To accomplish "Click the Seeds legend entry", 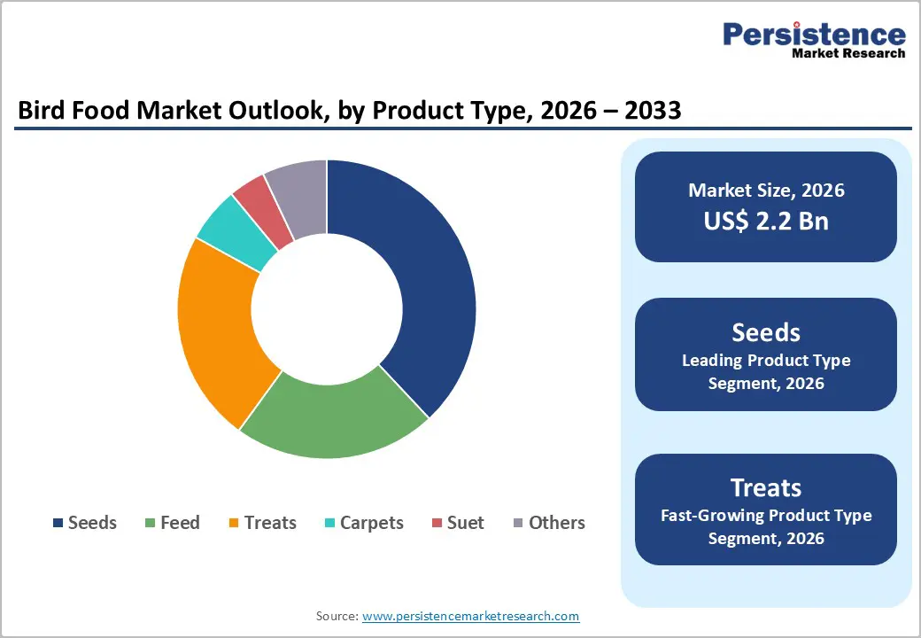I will coord(85,523).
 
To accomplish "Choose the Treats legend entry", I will coord(262,523).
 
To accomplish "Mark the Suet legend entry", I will coord(457,523).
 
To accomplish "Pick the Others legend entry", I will coord(549,523).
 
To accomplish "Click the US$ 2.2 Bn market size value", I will coord(766,221).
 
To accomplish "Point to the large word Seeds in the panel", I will coord(766,332).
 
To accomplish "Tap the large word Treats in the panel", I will coord(766,487).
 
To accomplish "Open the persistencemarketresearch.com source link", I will coord(470,616).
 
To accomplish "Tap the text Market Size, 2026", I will coord(766,191).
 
